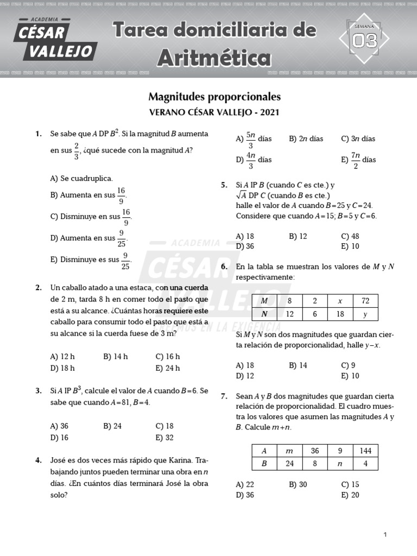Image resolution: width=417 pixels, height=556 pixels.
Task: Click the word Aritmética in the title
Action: [214, 57]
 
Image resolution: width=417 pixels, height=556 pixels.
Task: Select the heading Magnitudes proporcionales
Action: [214, 97]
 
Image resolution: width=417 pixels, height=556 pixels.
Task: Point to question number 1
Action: [39, 134]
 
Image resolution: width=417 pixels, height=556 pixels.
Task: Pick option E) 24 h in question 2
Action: [167, 368]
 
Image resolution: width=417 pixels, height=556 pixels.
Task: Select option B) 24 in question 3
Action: [112, 426]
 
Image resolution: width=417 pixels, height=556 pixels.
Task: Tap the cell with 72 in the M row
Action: [365, 301]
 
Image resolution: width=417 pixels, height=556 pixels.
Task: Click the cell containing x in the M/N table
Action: [340, 301]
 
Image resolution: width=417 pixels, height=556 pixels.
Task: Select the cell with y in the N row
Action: [365, 314]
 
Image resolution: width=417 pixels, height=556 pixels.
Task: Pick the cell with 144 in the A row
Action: [365, 451]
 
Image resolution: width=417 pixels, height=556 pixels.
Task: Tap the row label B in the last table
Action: [264, 464]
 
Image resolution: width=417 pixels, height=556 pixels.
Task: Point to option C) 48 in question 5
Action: [350, 236]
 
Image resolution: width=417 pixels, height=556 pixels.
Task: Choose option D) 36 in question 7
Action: [245, 495]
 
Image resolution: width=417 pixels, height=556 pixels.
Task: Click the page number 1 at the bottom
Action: [385, 535]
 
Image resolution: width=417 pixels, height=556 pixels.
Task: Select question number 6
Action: [224, 267]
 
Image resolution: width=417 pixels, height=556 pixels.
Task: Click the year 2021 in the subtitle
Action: [270, 113]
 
